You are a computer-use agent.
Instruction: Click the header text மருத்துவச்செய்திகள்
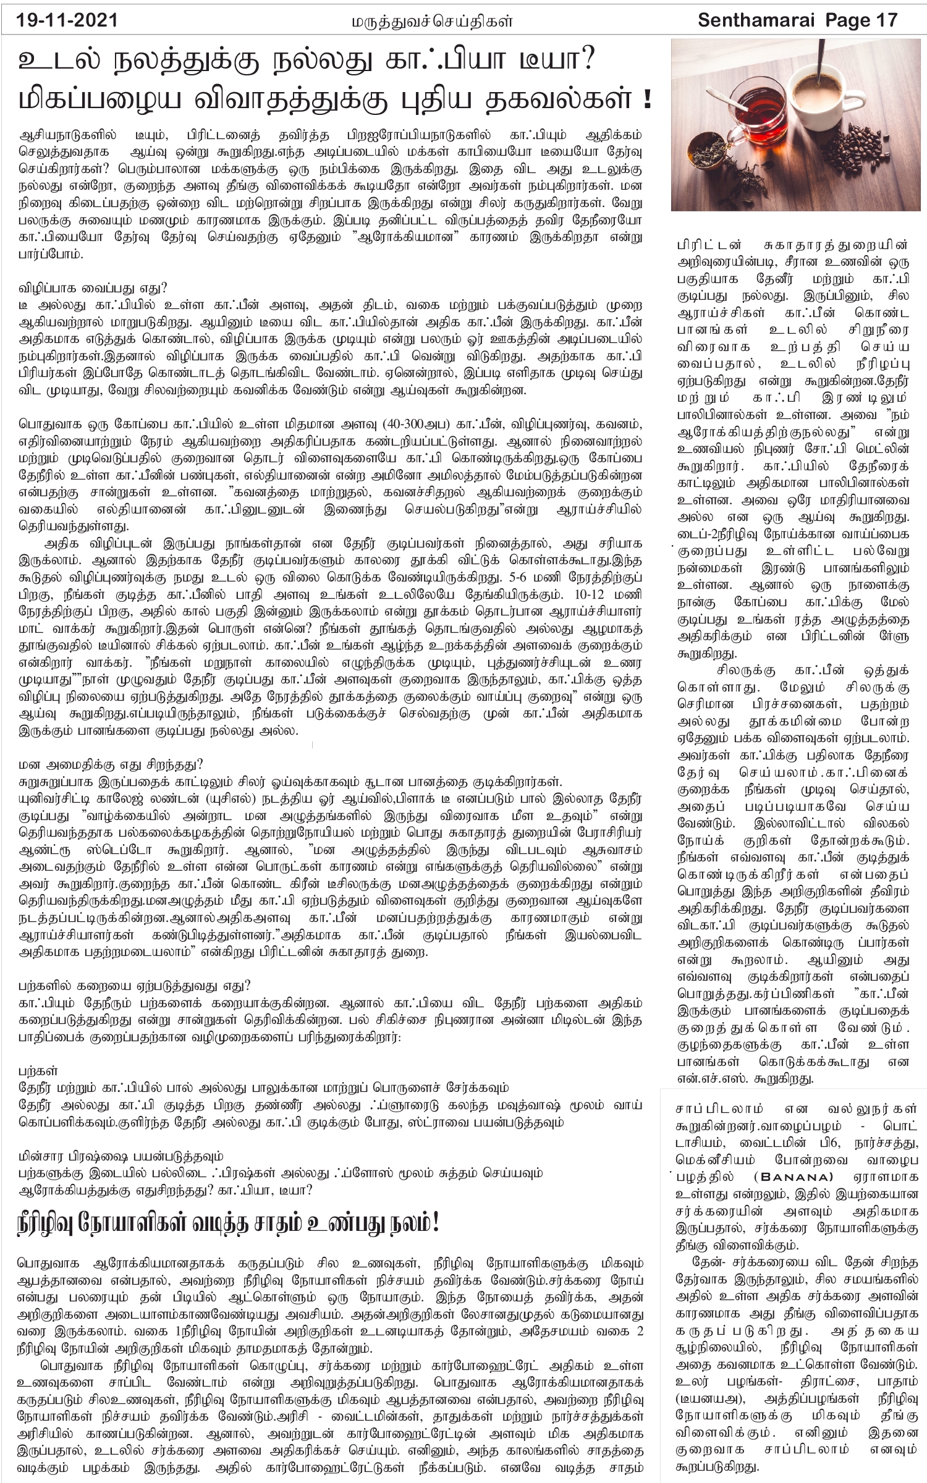[429, 22]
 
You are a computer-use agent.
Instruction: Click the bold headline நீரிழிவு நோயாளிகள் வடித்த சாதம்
[229, 1225]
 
